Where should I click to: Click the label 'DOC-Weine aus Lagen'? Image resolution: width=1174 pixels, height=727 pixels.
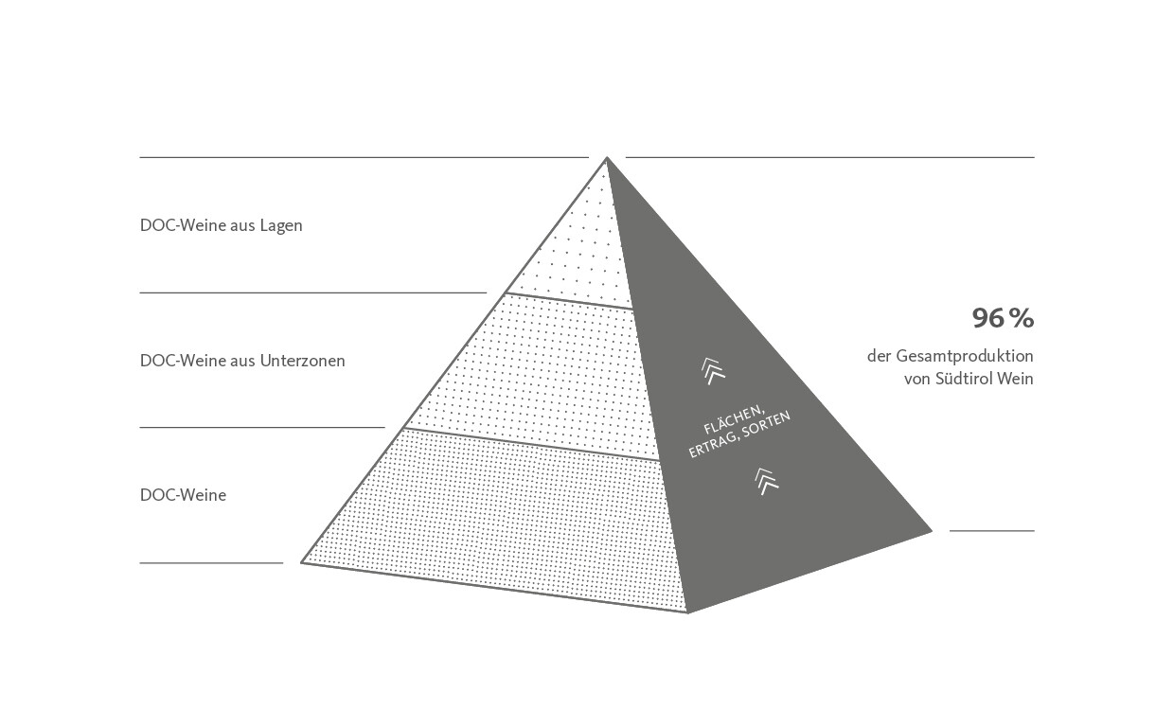pos(222,225)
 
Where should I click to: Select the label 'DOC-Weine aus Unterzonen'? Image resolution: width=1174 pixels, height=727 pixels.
pos(242,361)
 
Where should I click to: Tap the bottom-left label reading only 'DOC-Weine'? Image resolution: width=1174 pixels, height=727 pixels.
pos(183,495)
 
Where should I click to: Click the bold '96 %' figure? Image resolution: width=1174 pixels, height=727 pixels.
pos(1003,318)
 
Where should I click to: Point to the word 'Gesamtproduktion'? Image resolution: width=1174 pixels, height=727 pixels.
pos(965,357)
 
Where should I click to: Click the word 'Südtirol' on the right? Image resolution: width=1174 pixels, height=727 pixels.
pos(963,379)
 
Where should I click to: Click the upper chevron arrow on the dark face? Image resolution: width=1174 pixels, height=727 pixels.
pos(713,371)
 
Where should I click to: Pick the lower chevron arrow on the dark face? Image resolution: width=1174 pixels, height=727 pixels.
pos(766,481)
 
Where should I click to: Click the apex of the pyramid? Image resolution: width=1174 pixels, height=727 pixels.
pos(607,157)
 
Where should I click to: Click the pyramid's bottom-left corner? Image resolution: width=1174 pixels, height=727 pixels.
pos(301,562)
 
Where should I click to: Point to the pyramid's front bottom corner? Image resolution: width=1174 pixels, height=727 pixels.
pos(687,612)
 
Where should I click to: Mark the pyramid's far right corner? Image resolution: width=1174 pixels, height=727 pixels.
pos(932,531)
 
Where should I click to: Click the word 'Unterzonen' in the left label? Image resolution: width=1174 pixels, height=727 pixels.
pos(302,361)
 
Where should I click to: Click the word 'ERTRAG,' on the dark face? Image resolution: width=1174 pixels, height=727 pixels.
pos(712,446)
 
